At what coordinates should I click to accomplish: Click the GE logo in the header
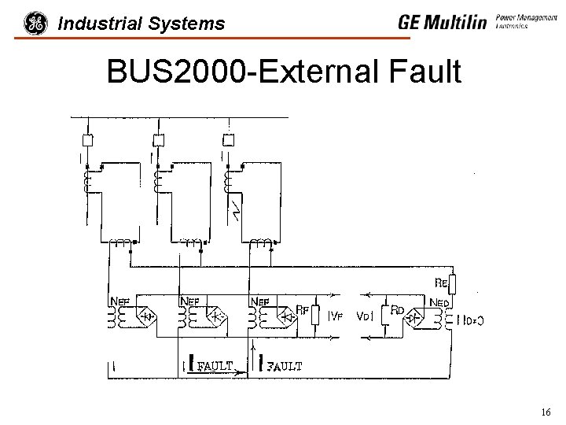pos(35,24)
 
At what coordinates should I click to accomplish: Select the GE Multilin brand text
pos(442,22)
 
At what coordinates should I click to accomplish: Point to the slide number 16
pos(546,412)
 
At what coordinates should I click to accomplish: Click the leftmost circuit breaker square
pos(88,140)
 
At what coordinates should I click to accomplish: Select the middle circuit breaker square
pos(158,140)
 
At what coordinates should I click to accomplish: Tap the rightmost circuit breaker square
pos(228,140)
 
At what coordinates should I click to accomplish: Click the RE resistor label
pos(442,282)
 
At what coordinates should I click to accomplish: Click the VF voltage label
pos(336,317)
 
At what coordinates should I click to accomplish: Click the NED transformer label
pos(440,301)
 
